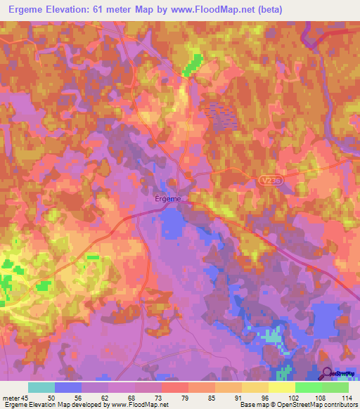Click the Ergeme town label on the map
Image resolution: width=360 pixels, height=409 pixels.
[167, 199]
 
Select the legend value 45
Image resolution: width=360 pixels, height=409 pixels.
[26, 398]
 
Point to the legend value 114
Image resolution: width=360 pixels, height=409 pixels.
[347, 398]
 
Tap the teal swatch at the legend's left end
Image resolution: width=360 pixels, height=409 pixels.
[41, 387]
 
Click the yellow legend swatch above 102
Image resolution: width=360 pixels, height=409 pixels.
[282, 387]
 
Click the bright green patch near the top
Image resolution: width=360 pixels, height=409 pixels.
[192, 64]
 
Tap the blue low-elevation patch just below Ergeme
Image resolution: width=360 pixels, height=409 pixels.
[173, 223]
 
